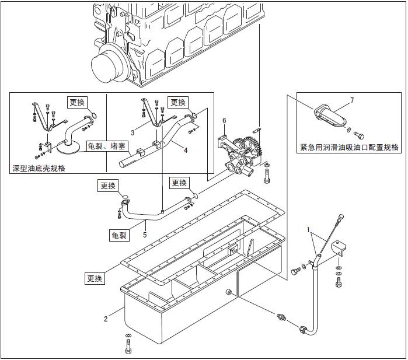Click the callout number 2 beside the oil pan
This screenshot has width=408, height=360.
(x=106, y=319)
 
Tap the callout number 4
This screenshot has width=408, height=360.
(x=186, y=149)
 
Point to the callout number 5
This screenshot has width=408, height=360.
(x=145, y=235)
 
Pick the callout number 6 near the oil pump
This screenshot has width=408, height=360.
(x=224, y=121)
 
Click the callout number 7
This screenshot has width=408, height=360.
(x=352, y=100)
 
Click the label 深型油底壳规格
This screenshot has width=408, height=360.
(x=39, y=168)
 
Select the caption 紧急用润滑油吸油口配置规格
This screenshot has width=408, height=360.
(x=349, y=148)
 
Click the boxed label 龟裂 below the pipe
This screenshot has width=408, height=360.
(x=118, y=235)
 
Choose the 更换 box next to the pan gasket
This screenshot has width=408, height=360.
(x=95, y=278)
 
